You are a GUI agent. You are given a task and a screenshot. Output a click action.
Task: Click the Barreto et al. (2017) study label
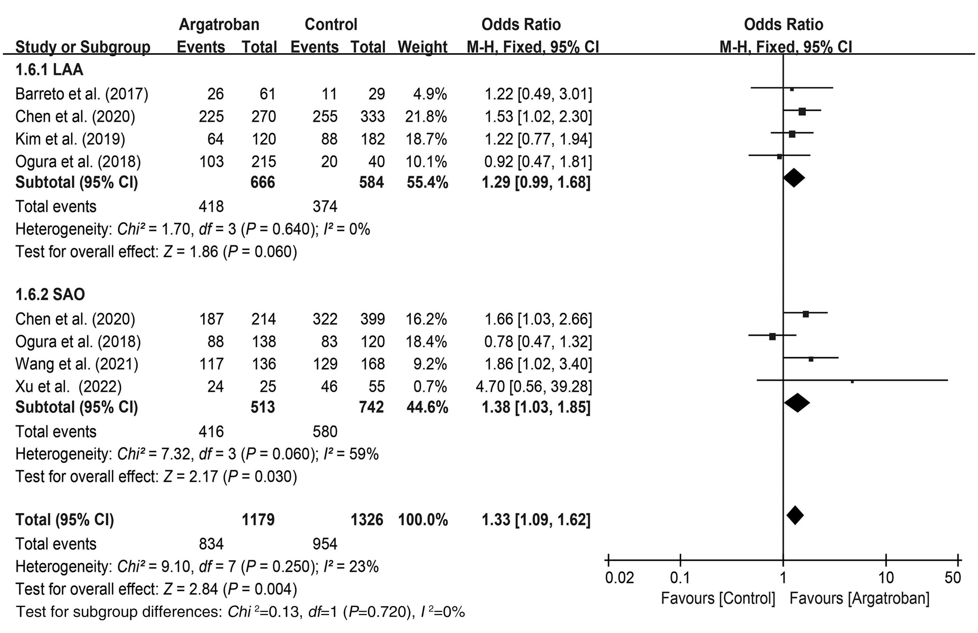[82, 94]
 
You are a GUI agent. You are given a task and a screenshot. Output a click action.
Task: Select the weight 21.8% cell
[426, 117]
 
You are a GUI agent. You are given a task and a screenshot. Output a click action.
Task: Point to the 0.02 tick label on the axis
[619, 578]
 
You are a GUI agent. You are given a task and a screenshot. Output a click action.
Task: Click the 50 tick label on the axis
[952, 578]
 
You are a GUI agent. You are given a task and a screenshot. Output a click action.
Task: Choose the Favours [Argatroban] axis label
[859, 598]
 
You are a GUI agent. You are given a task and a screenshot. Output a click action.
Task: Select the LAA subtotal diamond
[793, 178]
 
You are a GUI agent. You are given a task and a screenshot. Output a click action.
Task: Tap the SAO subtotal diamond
[797, 403]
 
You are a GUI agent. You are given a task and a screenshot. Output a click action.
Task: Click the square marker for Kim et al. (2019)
[792, 134]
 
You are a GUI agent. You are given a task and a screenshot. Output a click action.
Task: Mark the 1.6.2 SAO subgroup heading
[50, 294]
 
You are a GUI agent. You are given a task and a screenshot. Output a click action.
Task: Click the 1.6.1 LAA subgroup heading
[49, 70]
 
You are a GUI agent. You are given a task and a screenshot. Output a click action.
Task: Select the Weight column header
[422, 47]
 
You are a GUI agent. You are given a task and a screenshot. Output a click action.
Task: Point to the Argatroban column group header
[219, 25]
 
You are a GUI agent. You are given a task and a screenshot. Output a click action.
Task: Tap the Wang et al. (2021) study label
[77, 364]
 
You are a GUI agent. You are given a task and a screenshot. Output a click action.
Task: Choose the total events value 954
[325, 544]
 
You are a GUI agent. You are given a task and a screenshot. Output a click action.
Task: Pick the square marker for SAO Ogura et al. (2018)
[772, 337]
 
